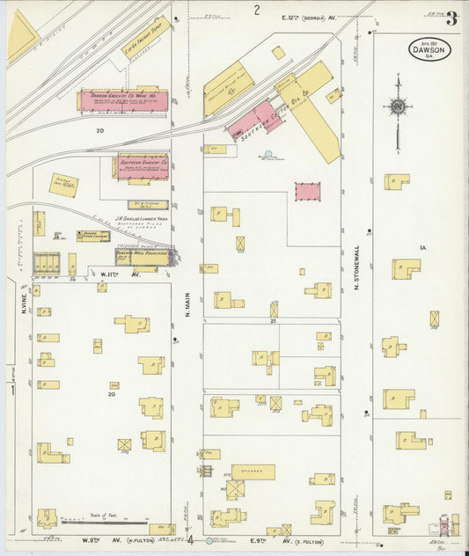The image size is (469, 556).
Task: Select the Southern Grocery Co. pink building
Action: [x=142, y=165]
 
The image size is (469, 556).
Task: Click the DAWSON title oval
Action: [x=429, y=49]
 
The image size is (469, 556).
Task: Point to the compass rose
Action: [x=398, y=107]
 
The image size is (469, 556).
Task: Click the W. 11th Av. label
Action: [x=114, y=274]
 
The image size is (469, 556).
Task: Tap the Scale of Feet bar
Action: [x=103, y=521]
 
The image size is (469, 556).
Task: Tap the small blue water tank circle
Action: [x=267, y=155]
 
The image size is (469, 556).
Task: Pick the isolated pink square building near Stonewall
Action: [x=307, y=191]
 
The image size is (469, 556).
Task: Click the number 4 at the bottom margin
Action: [x=190, y=539]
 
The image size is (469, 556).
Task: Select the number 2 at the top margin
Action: [x=257, y=11]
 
